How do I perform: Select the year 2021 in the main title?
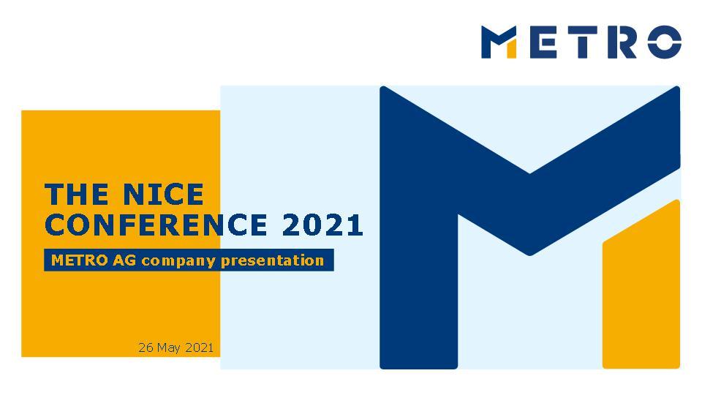point(322,225)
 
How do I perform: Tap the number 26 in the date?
point(145,347)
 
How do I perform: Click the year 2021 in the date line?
point(199,347)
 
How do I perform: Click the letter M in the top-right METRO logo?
point(499,42)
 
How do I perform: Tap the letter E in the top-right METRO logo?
point(543,42)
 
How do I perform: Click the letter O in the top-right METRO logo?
point(663,42)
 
